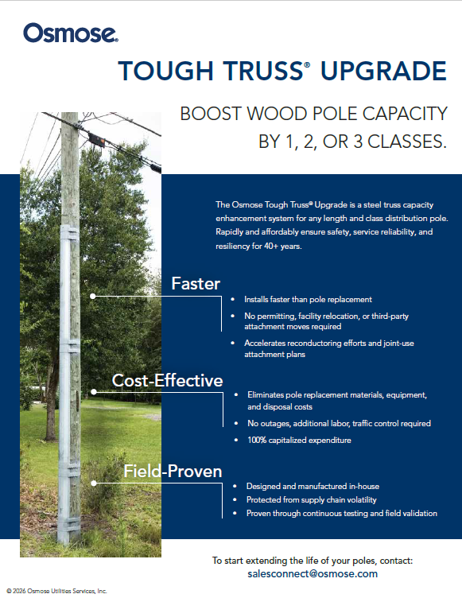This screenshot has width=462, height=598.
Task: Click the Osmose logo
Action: point(71,33)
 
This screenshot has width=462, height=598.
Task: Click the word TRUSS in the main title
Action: point(263,71)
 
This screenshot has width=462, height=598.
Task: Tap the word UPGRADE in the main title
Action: point(383,71)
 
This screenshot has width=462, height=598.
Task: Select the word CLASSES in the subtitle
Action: point(406,142)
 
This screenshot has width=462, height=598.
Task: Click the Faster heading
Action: point(196,283)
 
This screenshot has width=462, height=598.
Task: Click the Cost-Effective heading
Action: point(168,380)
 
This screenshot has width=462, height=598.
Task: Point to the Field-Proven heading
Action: point(173,471)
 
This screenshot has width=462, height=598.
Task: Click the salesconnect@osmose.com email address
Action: point(313,573)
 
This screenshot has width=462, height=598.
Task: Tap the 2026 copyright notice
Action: point(56,591)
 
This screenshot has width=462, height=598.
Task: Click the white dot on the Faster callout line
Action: point(93,296)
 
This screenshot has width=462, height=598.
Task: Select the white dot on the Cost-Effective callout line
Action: point(94,392)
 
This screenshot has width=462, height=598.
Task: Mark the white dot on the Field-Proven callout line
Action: point(94,483)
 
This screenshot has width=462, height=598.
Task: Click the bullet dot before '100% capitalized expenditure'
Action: point(236,440)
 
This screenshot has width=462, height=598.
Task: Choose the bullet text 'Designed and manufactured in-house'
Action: point(313,486)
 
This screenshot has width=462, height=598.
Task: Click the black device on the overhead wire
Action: point(96,140)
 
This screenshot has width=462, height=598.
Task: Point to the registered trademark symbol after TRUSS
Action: point(307,64)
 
